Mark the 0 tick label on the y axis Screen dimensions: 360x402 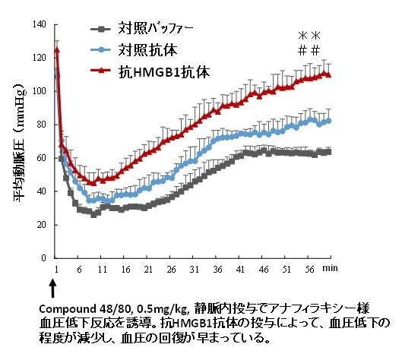46,258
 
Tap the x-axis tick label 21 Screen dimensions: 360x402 148,270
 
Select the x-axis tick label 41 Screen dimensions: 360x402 240,270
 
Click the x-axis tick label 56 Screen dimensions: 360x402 309,270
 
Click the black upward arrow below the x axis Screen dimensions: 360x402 52,291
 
